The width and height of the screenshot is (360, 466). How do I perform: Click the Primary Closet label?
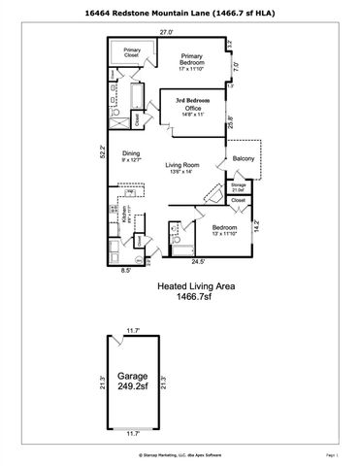[132, 52]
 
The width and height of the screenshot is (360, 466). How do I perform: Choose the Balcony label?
[243, 158]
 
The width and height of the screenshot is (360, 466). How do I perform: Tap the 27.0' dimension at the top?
[166, 32]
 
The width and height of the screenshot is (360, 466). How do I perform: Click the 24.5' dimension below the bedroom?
[197, 261]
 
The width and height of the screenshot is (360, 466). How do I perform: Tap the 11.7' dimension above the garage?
[132, 331]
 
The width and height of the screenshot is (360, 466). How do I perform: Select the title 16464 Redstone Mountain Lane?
[180, 10]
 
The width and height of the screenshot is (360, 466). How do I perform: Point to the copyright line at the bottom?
[180, 452]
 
